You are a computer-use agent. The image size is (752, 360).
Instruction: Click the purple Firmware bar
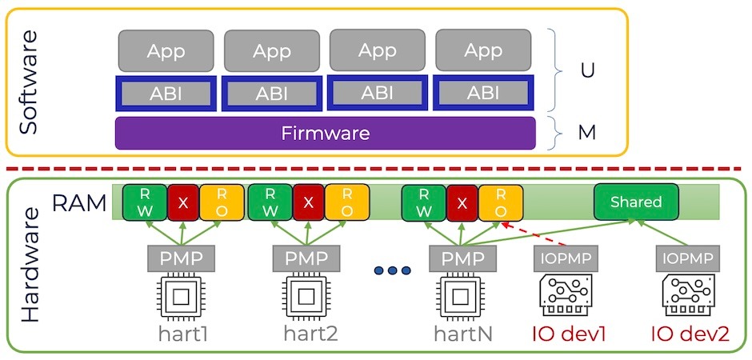pyautogui.click(x=325, y=133)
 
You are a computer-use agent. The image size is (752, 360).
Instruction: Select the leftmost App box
pyautogui.click(x=166, y=51)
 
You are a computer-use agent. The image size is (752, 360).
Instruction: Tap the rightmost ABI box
pyautogui.click(x=483, y=93)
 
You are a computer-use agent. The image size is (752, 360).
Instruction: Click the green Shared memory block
pyautogui.click(x=637, y=202)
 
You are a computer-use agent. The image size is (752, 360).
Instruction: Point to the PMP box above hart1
pyautogui.click(x=181, y=259)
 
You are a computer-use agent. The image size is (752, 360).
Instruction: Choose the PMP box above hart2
pyautogui.click(x=306, y=259)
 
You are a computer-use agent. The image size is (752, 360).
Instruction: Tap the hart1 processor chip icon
pyautogui.click(x=180, y=298)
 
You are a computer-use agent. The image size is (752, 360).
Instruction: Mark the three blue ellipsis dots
pyautogui.click(x=392, y=271)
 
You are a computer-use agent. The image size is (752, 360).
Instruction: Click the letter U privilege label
pyautogui.click(x=587, y=70)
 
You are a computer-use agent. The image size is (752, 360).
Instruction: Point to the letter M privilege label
pyautogui.click(x=587, y=132)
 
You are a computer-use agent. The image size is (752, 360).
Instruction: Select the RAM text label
pyautogui.click(x=79, y=203)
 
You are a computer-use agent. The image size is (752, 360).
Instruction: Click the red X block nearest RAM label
pyautogui.click(x=182, y=202)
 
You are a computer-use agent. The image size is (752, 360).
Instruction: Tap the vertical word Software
pyautogui.click(x=30, y=82)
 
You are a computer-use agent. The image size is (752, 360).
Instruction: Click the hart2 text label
pyautogui.click(x=310, y=334)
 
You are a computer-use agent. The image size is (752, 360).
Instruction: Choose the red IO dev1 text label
pyautogui.click(x=570, y=334)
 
